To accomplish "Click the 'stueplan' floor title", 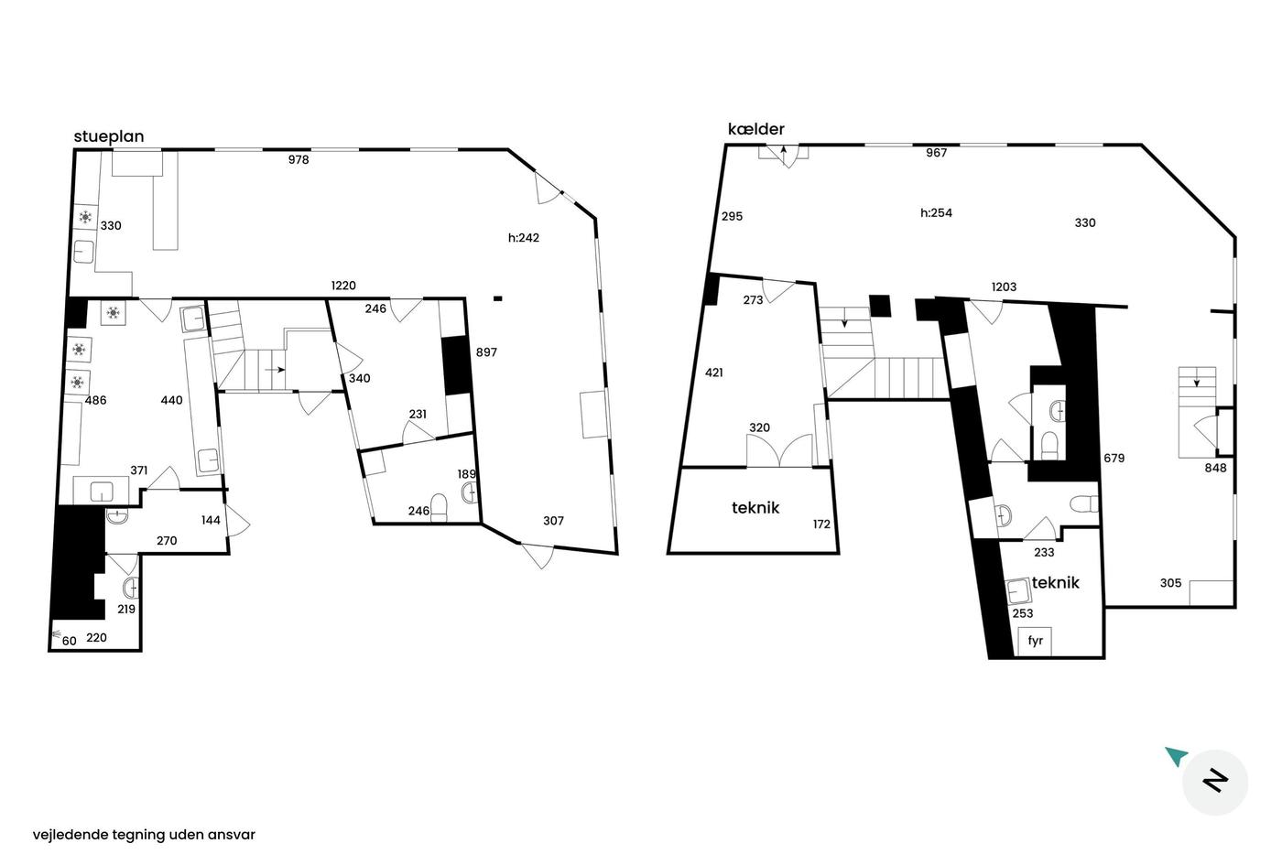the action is click(x=109, y=136).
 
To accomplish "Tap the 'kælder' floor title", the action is click(x=756, y=129).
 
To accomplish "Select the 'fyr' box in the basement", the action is click(x=1035, y=641).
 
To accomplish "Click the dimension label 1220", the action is click(x=343, y=286).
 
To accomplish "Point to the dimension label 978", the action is click(x=299, y=159).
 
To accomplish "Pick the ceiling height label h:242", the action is click(x=524, y=237).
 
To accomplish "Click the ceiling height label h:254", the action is click(x=936, y=212).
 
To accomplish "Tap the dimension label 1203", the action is click(x=1004, y=287).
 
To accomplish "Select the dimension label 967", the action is click(x=936, y=153).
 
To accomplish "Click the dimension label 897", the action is click(x=486, y=352).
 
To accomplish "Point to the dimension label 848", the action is click(x=1216, y=468).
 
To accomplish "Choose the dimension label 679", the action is click(x=1114, y=459).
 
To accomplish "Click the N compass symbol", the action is click(x=1215, y=782).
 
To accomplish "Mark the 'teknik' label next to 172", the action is click(x=755, y=508).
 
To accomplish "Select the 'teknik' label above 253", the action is click(x=1055, y=583).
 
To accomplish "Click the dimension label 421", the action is click(x=714, y=373).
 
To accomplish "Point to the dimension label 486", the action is click(x=95, y=400).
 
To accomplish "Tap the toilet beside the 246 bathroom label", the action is click(x=439, y=508).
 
